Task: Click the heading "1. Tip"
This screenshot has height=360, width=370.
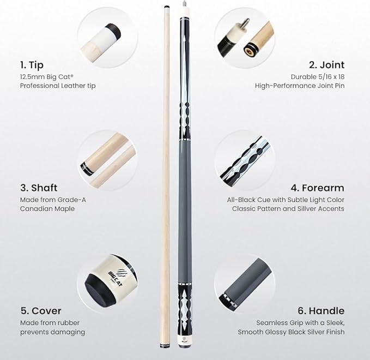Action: [32, 65]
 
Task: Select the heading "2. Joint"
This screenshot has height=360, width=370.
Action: [326, 65]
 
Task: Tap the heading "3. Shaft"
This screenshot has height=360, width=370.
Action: [39, 188]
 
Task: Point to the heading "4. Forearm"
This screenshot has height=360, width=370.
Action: [317, 188]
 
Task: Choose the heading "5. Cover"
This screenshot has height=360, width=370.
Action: [40, 311]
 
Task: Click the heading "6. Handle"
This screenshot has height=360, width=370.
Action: [321, 311]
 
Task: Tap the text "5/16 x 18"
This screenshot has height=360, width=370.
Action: [330, 77]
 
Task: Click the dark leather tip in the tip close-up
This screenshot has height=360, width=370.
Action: [113, 30]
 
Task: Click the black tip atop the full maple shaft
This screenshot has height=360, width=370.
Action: [167, 8]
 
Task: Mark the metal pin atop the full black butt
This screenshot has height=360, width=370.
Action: [184, 4]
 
